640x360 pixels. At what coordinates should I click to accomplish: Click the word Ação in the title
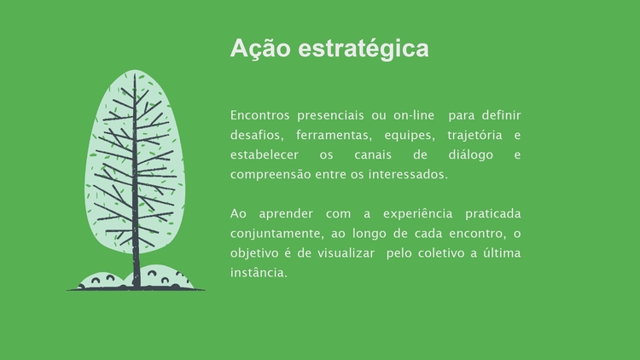260,49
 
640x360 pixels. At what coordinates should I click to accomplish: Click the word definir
501,115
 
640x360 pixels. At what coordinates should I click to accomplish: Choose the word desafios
257,135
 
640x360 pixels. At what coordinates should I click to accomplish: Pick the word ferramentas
334,135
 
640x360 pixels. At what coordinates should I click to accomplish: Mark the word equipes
410,136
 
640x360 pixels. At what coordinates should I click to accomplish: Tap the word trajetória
474,135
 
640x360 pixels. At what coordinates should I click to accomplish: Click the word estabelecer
265,154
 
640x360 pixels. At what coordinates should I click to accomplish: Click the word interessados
408,174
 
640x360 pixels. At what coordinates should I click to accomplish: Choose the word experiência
417,214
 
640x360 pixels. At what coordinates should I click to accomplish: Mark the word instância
259,273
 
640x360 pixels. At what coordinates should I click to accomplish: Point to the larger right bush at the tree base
163,277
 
